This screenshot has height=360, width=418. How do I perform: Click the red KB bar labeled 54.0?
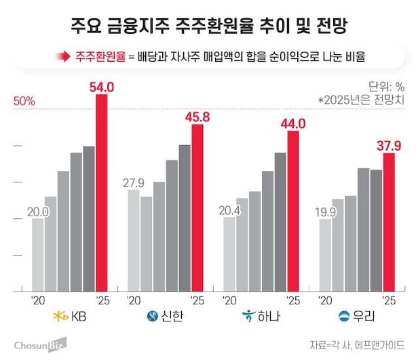(x=101, y=193)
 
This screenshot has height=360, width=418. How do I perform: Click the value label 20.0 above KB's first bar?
(x=38, y=212)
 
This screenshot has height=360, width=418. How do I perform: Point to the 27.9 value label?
(x=134, y=184)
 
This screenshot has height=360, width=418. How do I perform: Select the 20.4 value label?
(x=229, y=210)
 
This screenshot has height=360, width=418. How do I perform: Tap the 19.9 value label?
(x=325, y=212)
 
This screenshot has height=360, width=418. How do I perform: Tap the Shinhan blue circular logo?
(x=153, y=317)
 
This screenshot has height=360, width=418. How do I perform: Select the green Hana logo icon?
(x=250, y=317)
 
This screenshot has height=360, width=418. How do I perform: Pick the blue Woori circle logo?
(x=345, y=317)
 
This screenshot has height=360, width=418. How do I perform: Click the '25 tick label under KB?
(x=102, y=300)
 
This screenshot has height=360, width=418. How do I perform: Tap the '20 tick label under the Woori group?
(x=326, y=300)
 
